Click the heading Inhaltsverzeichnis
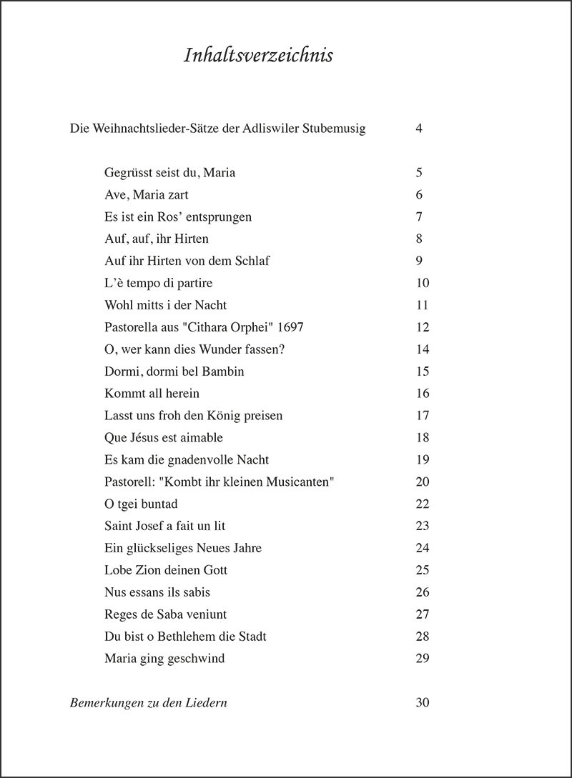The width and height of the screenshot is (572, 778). pyautogui.click(x=258, y=56)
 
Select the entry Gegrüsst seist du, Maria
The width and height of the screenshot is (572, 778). pyautogui.click(x=169, y=173)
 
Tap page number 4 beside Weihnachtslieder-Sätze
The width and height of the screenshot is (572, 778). pyautogui.click(x=419, y=129)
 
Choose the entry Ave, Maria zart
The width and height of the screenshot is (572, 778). pyautogui.click(x=146, y=195)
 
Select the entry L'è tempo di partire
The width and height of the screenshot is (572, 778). pyautogui.click(x=158, y=284)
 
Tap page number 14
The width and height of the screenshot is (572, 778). pyautogui.click(x=422, y=350)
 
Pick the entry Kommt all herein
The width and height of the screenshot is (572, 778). pyautogui.click(x=152, y=394)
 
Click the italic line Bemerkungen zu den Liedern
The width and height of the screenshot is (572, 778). pyautogui.click(x=148, y=703)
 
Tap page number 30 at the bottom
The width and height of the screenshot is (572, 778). pyautogui.click(x=422, y=703)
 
